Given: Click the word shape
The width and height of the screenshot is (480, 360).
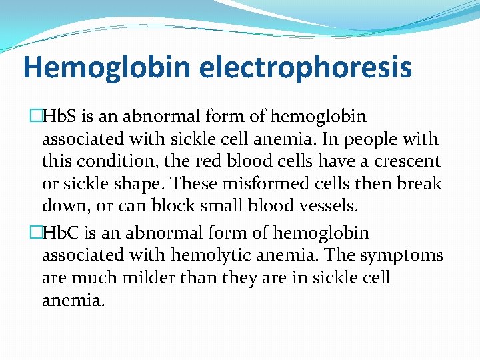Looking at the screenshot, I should [150, 183].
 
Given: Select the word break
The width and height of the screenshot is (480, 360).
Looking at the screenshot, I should [419, 183].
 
